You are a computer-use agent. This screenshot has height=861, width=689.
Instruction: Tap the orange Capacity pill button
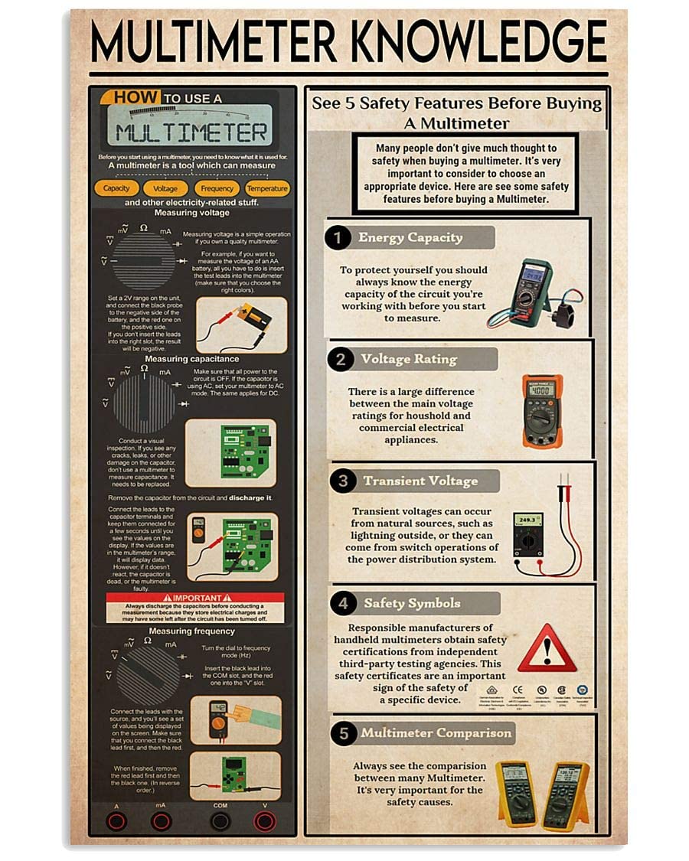point(116,188)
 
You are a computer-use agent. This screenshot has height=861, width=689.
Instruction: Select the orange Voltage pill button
point(165,188)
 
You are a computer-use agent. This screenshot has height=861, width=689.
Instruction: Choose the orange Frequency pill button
point(217,188)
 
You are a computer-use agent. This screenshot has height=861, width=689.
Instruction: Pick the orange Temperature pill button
point(267,188)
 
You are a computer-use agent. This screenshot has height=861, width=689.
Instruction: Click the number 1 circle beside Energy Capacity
point(338,237)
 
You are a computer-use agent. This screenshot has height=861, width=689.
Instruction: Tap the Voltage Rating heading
point(409,359)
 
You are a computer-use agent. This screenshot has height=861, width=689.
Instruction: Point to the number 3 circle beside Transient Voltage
point(342,481)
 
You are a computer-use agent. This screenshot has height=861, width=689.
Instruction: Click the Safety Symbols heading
point(412,603)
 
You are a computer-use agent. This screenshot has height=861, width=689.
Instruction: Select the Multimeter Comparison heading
point(436,733)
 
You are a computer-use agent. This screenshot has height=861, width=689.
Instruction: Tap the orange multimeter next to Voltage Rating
point(542,411)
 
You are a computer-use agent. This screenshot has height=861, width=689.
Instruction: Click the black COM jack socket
point(220,822)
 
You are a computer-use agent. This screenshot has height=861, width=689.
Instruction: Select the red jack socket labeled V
point(264,822)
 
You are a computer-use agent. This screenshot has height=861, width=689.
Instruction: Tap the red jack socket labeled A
point(116,822)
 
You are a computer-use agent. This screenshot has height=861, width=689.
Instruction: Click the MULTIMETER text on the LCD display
point(192,132)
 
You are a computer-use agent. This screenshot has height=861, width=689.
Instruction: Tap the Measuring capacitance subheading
point(192,359)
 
